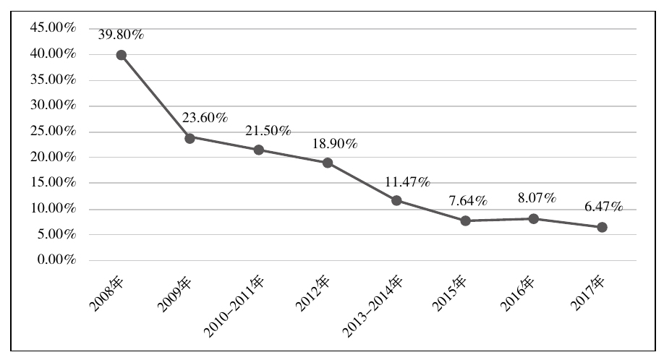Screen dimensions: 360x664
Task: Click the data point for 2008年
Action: [x=122, y=55]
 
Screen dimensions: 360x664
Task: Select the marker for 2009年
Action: [x=190, y=137]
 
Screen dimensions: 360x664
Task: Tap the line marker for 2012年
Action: [x=328, y=163]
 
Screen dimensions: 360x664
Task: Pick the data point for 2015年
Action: [x=465, y=220]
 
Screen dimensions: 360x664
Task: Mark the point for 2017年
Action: [x=602, y=227]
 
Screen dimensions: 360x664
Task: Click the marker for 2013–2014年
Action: [x=396, y=200]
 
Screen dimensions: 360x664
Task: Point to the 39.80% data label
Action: [x=121, y=33]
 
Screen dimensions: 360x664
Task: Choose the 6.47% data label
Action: [x=602, y=207]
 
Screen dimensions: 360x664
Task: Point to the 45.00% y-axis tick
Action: [x=53, y=28]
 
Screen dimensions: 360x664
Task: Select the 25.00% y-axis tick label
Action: [x=53, y=132]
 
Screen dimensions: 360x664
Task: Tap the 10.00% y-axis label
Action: [x=53, y=209]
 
